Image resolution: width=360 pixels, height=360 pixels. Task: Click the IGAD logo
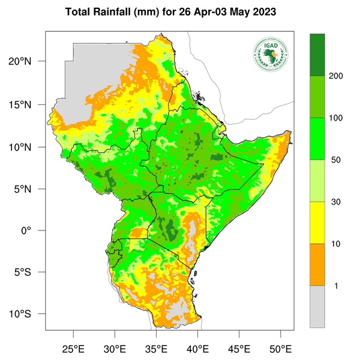[x=270, y=55]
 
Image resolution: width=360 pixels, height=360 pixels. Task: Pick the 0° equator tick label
[x=35, y=230]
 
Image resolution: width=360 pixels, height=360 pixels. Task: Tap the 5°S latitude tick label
[x=31, y=272]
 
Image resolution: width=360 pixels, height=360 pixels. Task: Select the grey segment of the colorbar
[x=317, y=307]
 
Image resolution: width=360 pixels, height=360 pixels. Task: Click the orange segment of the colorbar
[x=317, y=265]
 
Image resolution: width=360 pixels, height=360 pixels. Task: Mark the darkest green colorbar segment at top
[x=317, y=55]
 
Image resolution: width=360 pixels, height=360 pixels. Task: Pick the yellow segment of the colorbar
[x=317, y=223]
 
